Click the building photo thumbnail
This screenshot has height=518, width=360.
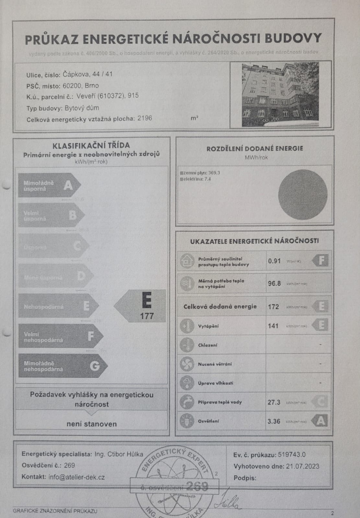click(x=280, y=95)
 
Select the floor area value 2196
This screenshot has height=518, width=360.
click(x=145, y=118)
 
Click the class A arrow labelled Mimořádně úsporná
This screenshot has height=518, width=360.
click(x=49, y=186)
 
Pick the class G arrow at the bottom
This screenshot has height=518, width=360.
click(x=62, y=366)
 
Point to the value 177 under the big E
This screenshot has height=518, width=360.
click(x=147, y=316)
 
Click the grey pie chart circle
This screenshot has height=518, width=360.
click(x=303, y=195)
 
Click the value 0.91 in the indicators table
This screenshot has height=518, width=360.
click(x=274, y=261)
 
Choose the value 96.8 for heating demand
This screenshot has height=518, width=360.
click(x=274, y=283)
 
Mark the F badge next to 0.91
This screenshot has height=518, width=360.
click(x=320, y=260)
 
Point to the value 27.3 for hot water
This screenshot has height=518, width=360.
click(x=274, y=402)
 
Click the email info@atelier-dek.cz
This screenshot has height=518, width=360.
click(x=76, y=477)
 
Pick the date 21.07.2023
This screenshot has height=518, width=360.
click(x=303, y=466)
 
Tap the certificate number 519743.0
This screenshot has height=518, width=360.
click(x=292, y=455)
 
